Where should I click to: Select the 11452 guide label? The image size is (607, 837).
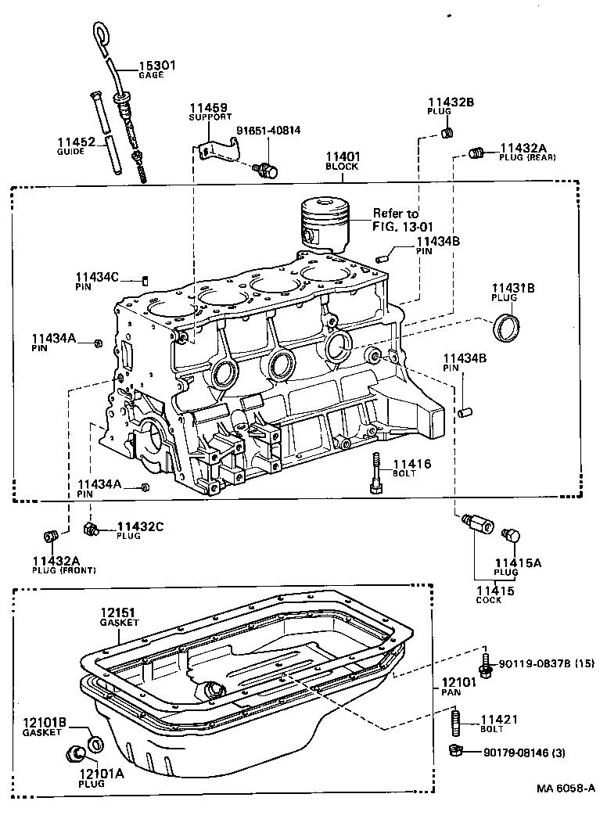[76, 142]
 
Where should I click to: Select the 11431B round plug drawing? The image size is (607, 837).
[505, 325]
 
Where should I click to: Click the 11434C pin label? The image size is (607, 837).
[97, 277]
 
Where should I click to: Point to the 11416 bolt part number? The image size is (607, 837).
[411, 464]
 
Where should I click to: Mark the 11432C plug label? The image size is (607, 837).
[140, 526]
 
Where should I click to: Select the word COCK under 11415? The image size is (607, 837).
[489, 601]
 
